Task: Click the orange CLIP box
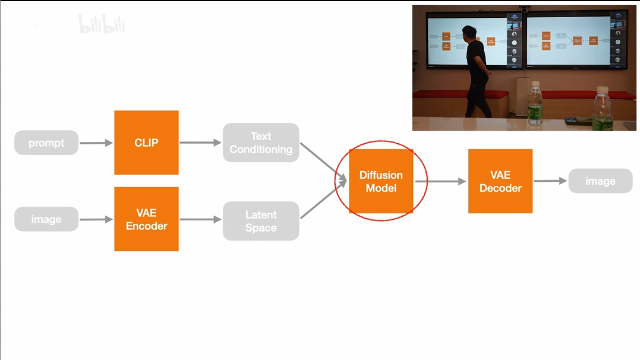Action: (146, 143)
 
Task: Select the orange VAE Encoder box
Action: (146, 219)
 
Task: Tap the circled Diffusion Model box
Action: (381, 181)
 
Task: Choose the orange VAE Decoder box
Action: (500, 181)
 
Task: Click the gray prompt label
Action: (46, 143)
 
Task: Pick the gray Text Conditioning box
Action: (261, 143)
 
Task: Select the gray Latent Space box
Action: (261, 221)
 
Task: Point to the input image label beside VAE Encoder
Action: (46, 219)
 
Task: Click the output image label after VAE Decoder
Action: (600, 181)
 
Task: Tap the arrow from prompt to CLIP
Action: (96, 143)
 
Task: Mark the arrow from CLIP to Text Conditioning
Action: (200, 143)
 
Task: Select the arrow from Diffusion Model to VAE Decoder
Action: (440, 181)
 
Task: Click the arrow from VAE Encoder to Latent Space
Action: (200, 219)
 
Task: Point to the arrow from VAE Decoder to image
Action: (550, 181)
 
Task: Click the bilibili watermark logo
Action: (102, 24)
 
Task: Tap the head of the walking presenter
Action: (469, 32)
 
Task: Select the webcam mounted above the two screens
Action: (524, 9)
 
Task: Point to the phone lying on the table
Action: (575, 121)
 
